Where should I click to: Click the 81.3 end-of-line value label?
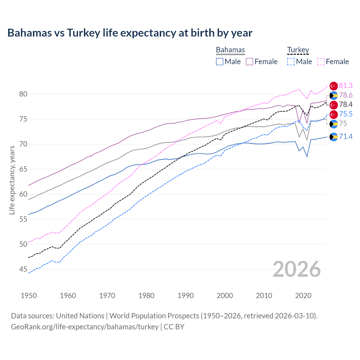[346, 86]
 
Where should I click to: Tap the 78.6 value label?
[346, 95]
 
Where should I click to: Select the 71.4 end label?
[346, 137]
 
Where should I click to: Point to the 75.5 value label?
[346, 114]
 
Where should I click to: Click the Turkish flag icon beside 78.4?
[334, 105]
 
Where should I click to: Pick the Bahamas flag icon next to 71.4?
[334, 137]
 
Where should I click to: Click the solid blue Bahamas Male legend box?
[220, 62]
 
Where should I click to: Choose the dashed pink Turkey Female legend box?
[321, 62]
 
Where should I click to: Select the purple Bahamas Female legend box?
[249, 62]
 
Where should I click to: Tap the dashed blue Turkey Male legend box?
[291, 62]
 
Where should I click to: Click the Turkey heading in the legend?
[298, 50]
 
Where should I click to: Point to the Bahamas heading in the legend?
[230, 50]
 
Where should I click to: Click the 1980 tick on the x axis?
[146, 296]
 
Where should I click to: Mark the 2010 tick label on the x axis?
[264, 296]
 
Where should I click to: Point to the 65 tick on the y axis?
[23, 169]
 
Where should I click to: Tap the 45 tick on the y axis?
[23, 269]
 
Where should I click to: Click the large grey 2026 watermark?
[297, 269]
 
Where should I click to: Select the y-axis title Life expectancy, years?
[12, 180]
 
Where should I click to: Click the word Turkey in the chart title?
[84, 33]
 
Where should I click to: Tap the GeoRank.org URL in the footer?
[85, 327]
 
